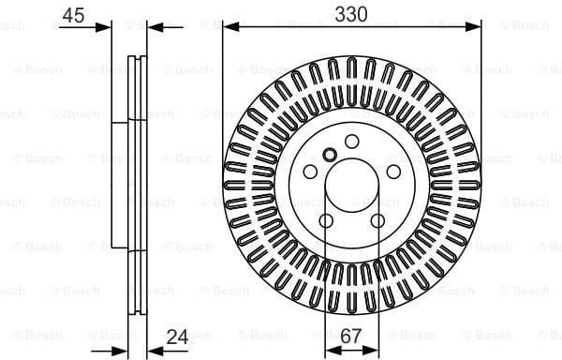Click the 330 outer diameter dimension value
coord(352,13)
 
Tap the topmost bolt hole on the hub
coord(352,141)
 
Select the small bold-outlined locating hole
coord(329,155)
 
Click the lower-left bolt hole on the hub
coord(326,220)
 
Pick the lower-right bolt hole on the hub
coord(378,220)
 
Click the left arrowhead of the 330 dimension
coord(228,27)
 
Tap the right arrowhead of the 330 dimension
coord(477,27)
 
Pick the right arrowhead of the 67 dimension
coord(376,350)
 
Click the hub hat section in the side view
coord(120,184)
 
